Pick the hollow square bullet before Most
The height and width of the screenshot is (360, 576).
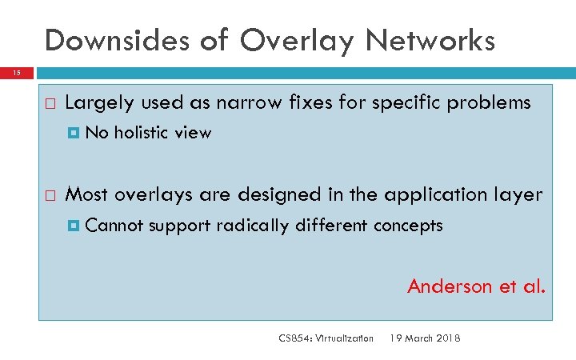click(x=50, y=195)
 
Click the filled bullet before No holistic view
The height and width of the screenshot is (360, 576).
click(x=74, y=134)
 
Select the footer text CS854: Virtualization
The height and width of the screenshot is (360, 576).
click(x=326, y=338)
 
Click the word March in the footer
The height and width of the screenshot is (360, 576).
click(x=418, y=338)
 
